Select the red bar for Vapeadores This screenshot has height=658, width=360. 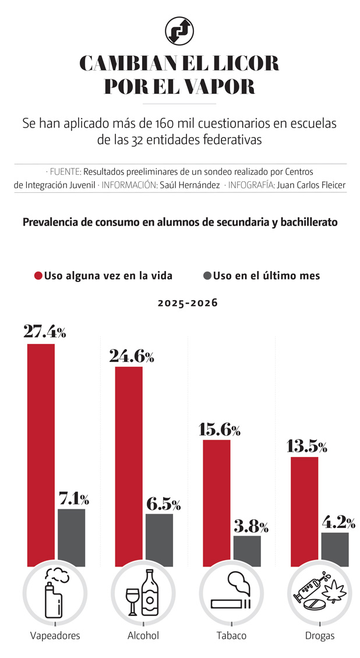point(41,455)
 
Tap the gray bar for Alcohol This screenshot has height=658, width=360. point(159,540)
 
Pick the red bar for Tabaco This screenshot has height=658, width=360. point(217,502)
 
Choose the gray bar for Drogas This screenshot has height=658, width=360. point(335,549)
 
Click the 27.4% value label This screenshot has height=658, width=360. point(44,332)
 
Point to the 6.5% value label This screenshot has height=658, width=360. point(159,504)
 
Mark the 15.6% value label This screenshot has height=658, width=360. point(219,430)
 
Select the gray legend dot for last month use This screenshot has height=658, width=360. point(207,276)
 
